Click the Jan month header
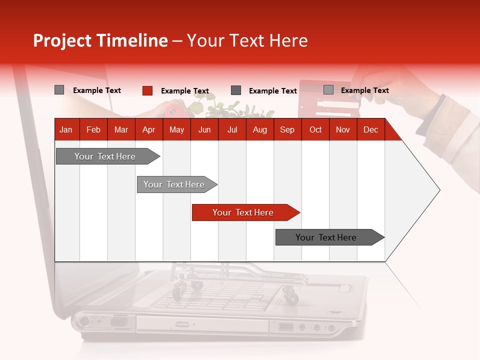[66, 129]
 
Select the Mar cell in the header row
[121, 129]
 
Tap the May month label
[176, 129]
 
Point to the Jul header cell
[232, 129]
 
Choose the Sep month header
[287, 129]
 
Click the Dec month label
[370, 129]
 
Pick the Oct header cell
[315, 129]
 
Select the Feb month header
[93, 129]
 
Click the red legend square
[147, 90]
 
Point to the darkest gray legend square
[236, 90]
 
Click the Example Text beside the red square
[185, 91]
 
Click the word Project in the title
[62, 40]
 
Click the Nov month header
[343, 129]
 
